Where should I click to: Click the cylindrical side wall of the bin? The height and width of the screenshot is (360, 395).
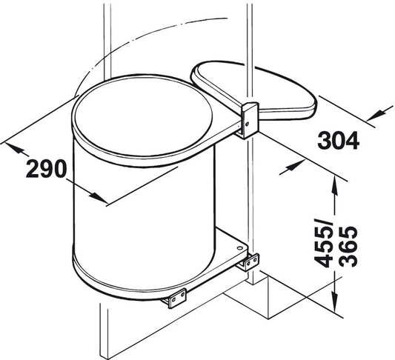(126, 215)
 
